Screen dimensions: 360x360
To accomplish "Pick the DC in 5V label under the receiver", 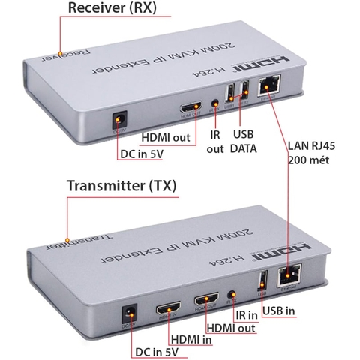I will coord(147,155).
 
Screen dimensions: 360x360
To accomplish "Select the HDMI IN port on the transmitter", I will coord(166,308).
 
